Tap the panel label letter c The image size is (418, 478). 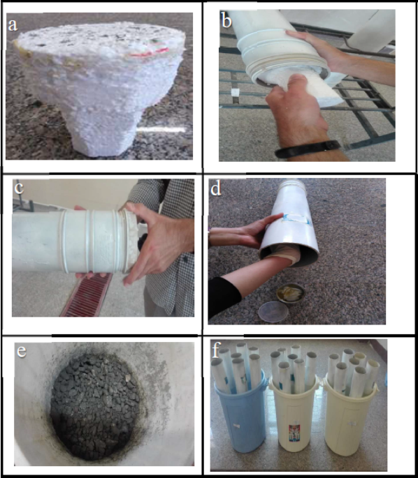click(x=19, y=188)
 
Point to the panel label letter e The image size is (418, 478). click(x=22, y=351)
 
